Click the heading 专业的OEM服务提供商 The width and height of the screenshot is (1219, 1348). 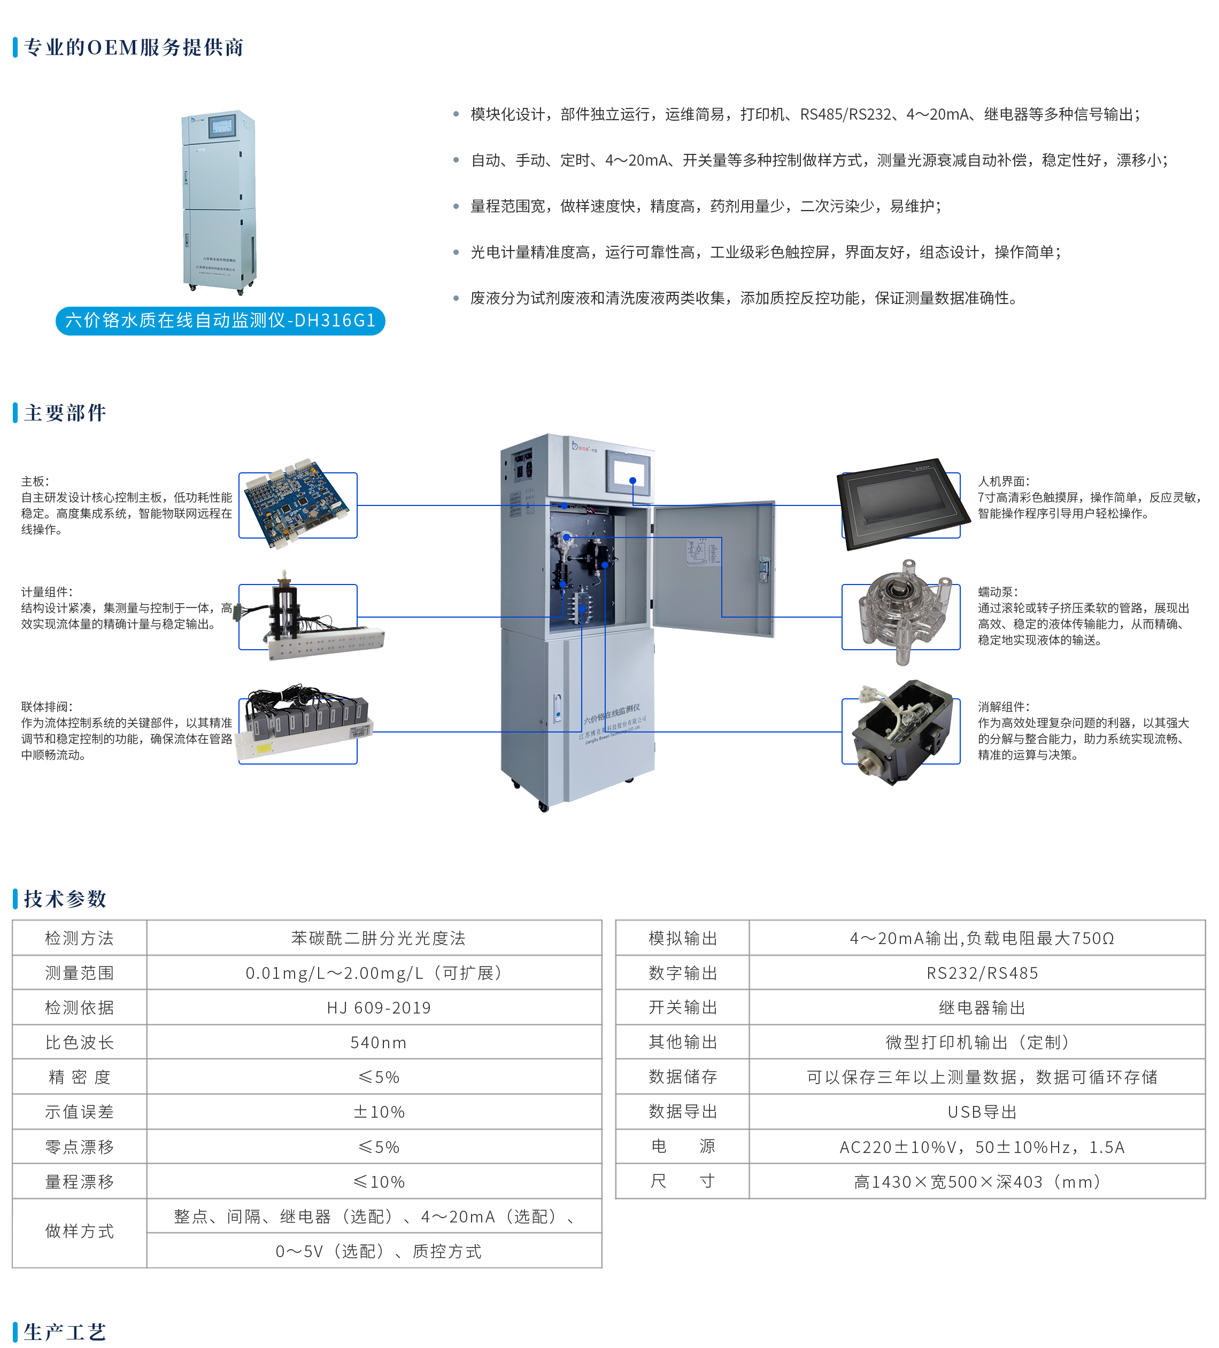(x=134, y=48)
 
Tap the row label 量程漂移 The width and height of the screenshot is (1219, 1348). (x=80, y=1181)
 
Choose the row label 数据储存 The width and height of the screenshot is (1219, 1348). (x=683, y=1077)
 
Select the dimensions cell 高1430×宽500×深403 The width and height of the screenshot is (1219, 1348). (x=977, y=1181)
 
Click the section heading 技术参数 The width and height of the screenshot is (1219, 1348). (x=65, y=899)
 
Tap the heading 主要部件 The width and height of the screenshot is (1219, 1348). (x=65, y=412)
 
